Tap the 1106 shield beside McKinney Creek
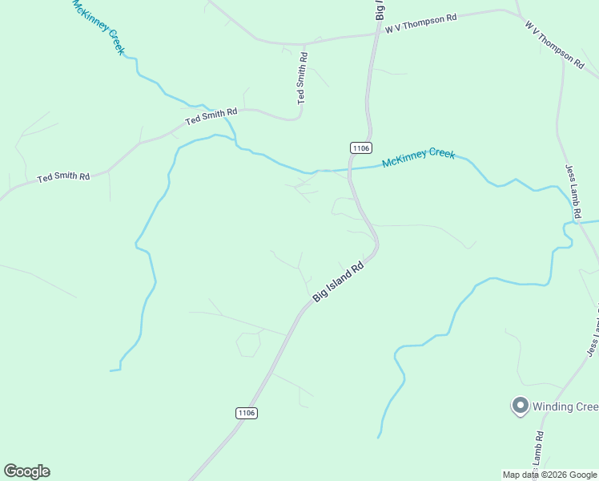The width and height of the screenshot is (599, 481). tap(360, 148)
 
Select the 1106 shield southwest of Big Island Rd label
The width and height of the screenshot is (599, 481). tap(247, 413)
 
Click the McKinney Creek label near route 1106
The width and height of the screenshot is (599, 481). tap(418, 158)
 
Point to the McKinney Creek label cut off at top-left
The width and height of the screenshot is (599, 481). tap(98, 26)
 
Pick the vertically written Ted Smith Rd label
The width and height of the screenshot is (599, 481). tap(302, 79)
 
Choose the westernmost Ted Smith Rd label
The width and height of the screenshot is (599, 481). tap(63, 176)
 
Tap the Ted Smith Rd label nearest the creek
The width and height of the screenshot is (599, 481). tap(211, 116)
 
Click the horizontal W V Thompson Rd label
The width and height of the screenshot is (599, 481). tap(420, 22)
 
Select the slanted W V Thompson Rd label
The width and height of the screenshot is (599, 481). tap(554, 43)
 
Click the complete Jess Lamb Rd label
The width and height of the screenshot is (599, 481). tap(571, 192)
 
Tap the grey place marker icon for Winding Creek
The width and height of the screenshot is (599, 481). tap(519, 406)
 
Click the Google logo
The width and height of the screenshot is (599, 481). tap(26, 471)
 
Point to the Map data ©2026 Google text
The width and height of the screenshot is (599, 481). tap(549, 475)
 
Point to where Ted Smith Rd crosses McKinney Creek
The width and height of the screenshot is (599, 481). tap(230, 122)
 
